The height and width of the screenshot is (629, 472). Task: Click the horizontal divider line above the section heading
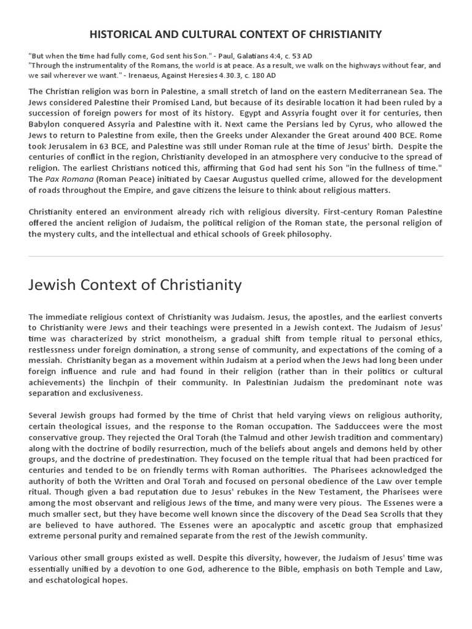point(236,256)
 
